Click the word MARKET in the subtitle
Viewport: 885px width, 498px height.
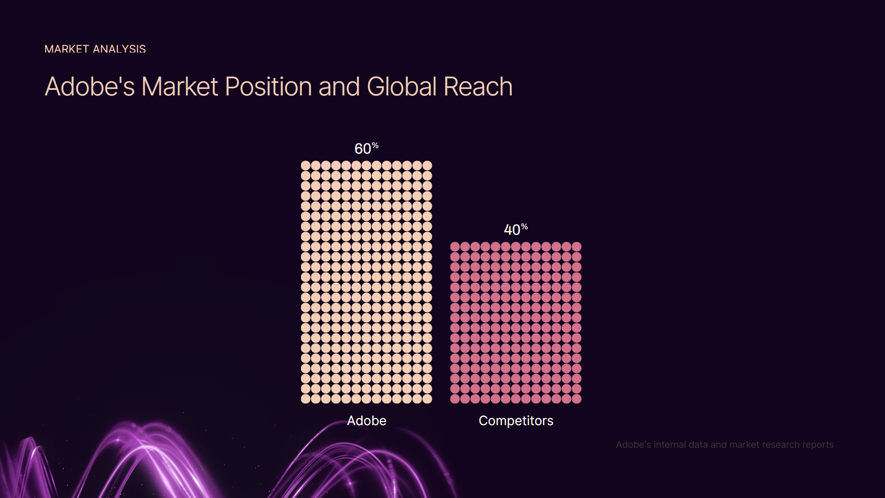(67, 49)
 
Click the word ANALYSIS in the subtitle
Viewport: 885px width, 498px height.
(119, 49)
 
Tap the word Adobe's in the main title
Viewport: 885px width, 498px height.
(90, 87)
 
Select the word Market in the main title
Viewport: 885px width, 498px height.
(180, 87)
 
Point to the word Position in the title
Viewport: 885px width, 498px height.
(269, 87)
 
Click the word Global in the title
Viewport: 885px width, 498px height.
(402, 87)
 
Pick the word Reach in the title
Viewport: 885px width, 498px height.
(478, 87)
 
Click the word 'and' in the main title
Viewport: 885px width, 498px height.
(339, 87)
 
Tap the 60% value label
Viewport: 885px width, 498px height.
(366, 148)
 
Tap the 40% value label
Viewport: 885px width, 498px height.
(516, 229)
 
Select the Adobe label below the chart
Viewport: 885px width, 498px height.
(367, 421)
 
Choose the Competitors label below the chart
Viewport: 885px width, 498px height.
(516, 421)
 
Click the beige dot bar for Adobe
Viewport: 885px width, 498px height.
(366, 282)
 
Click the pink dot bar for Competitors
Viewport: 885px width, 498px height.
(516, 323)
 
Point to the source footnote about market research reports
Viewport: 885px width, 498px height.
(725, 445)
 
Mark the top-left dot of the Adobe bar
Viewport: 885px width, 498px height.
(306, 166)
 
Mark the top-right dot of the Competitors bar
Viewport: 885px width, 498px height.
(577, 247)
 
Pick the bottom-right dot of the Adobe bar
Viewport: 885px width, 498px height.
(427, 399)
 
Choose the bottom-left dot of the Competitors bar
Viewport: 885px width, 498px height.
(455, 399)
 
